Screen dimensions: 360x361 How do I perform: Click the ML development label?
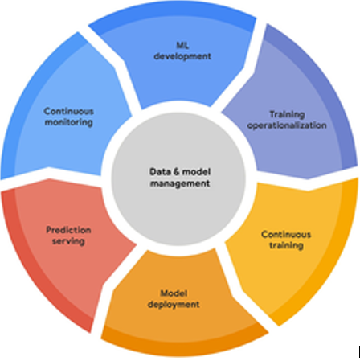[182, 51]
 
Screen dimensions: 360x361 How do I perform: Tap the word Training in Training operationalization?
[287, 114]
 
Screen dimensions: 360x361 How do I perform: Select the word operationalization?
[287, 125]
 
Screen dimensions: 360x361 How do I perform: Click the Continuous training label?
[286, 240]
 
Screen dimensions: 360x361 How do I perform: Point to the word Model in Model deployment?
[174, 293]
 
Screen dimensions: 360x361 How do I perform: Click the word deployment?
[174, 305]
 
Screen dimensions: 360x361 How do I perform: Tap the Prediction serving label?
[68, 236]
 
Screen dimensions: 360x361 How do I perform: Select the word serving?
[68, 241]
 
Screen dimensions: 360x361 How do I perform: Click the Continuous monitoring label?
[69, 117]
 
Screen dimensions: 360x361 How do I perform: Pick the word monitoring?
[69, 122]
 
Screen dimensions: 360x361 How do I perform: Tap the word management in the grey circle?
[180, 183]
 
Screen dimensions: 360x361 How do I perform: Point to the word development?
[182, 56]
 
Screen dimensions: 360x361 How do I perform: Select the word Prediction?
[68, 230]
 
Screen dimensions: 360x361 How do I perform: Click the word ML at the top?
[182, 45]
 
